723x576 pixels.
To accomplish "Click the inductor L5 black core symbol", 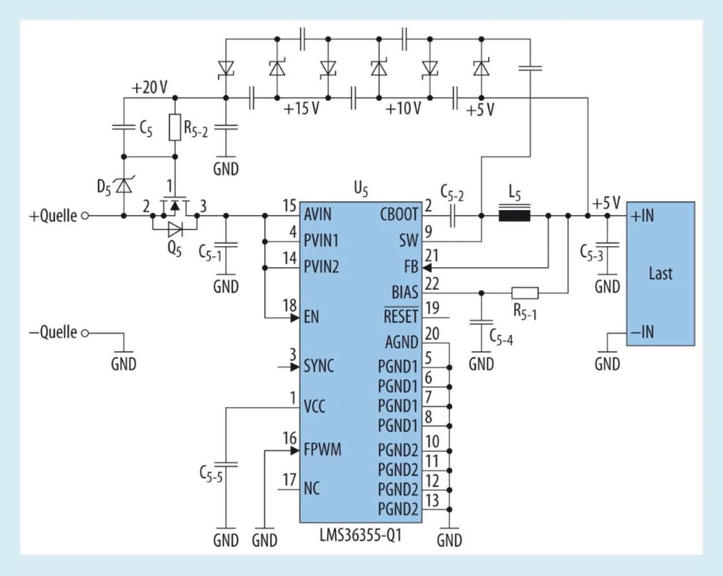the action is (515, 215).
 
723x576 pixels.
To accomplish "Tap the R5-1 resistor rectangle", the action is (525, 293).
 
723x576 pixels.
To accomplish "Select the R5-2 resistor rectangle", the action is (175, 127).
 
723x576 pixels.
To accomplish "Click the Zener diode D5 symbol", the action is (124, 185).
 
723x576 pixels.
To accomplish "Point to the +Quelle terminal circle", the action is (85, 216).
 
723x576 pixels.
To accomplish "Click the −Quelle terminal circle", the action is (85, 333).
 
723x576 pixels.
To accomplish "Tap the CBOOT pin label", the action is (399, 214).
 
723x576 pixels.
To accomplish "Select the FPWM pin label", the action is (323, 450).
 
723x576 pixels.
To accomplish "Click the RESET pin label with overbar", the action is (401, 315).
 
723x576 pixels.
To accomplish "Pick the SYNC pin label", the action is (319, 366).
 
